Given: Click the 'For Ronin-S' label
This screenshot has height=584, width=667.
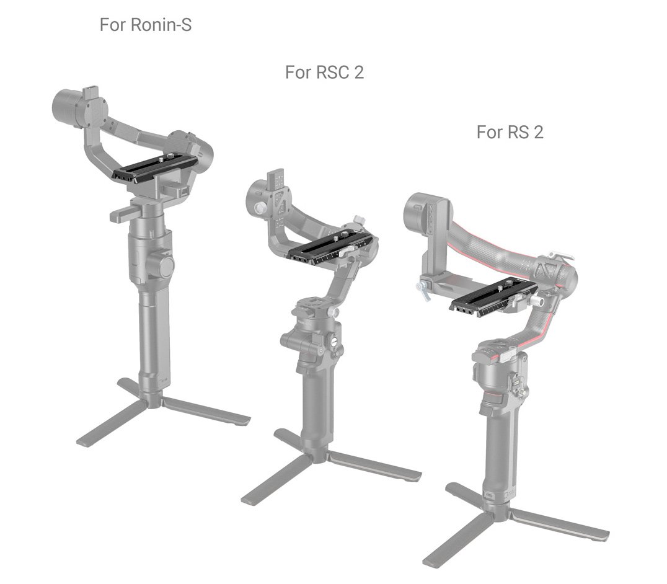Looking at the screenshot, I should pos(145,25).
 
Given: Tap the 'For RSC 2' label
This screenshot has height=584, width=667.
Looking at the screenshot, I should pos(324,72).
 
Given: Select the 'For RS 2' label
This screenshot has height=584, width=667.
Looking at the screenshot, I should pos(510,131).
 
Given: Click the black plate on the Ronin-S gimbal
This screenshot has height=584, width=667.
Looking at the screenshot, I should pos(156,166).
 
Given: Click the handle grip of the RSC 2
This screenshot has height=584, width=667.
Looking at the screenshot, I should pos(316,403).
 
